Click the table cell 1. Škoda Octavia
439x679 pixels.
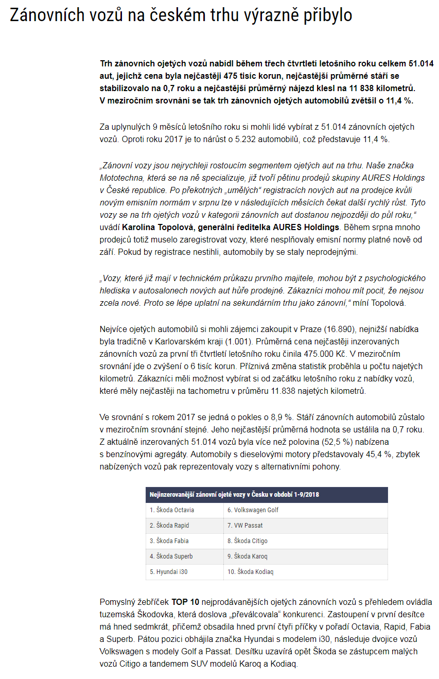(x=172, y=510)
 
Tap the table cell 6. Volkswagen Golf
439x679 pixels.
(x=253, y=510)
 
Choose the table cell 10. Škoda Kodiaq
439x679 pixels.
(x=251, y=572)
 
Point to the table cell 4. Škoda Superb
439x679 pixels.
(x=171, y=556)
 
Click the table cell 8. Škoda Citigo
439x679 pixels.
(x=248, y=541)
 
